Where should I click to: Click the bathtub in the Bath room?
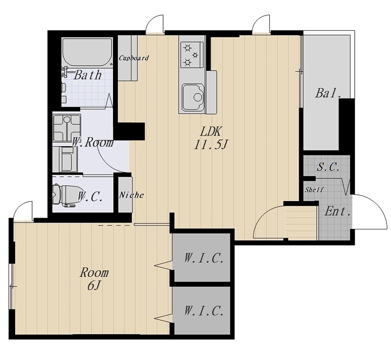click(87, 52)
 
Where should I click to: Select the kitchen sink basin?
click(193, 97)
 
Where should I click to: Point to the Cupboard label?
click(133, 58)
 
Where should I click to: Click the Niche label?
click(131, 195)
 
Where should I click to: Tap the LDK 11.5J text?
click(211, 138)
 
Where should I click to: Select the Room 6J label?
click(94, 279)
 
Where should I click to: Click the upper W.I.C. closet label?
click(203, 258)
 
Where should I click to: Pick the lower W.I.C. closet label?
click(203, 311)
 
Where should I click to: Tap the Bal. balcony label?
click(328, 93)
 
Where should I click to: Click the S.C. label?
click(328, 167)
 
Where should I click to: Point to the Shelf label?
click(314, 190)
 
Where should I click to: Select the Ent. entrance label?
click(338, 212)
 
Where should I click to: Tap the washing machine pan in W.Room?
click(67, 128)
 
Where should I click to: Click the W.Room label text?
click(93, 142)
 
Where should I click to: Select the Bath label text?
click(88, 75)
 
